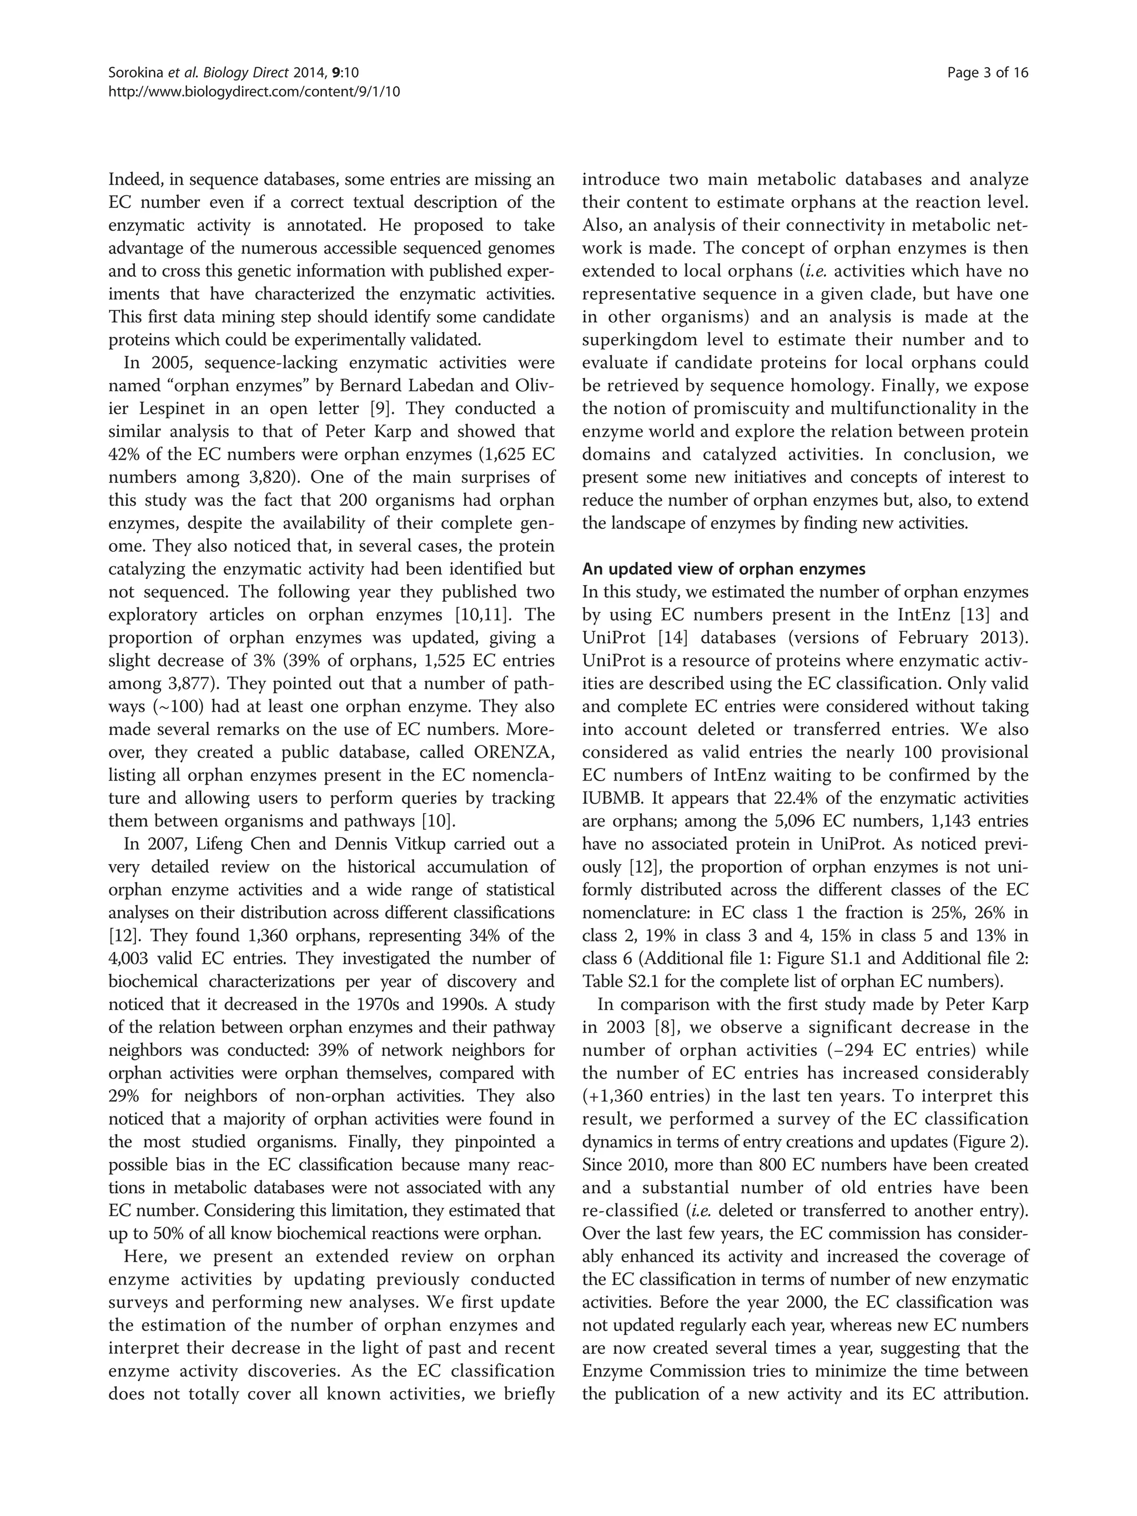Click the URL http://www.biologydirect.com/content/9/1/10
254,91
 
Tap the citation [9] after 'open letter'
381,409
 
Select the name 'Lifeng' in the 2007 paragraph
214,844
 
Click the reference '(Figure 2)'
994,1142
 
